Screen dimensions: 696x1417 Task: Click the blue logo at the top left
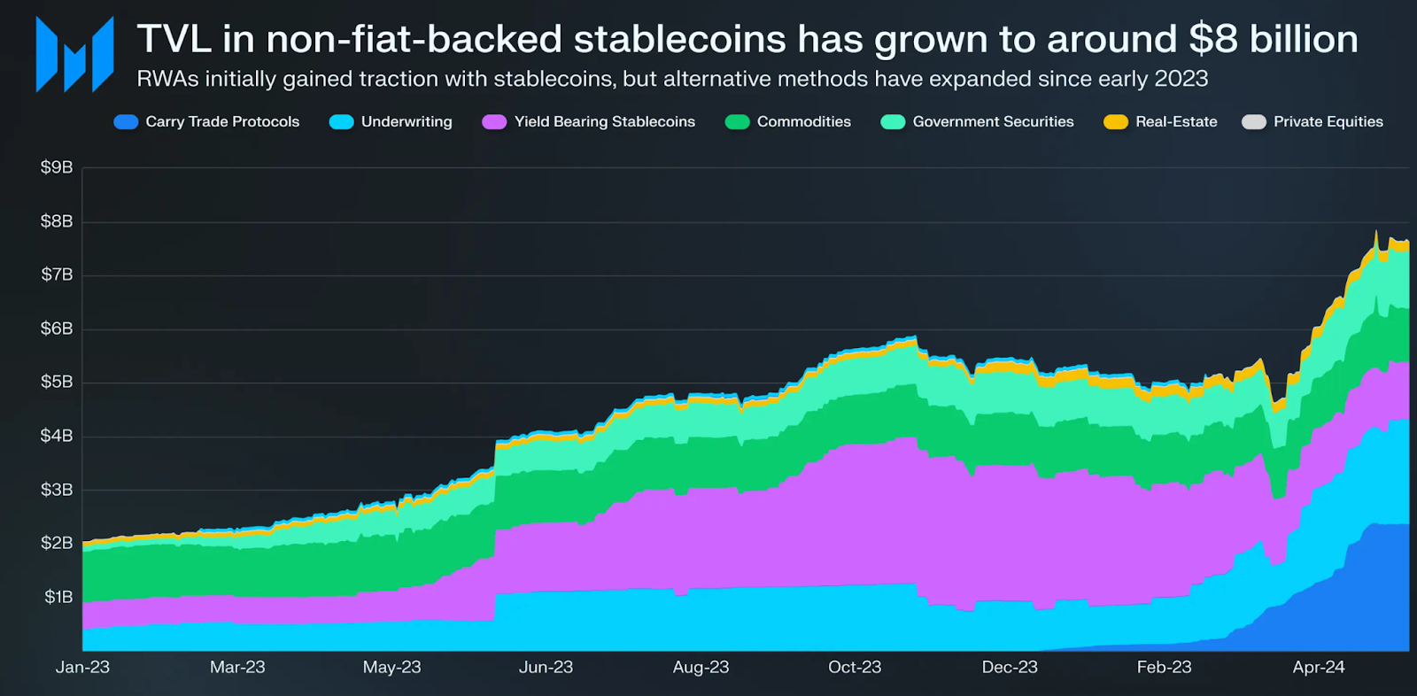click(x=74, y=55)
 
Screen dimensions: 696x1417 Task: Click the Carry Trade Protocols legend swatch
click(x=126, y=122)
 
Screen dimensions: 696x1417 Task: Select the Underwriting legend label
click(x=407, y=122)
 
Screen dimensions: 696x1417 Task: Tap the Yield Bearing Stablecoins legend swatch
click(x=494, y=122)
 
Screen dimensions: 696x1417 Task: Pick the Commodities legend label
click(x=803, y=122)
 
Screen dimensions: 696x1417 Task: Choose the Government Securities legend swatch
click(x=893, y=122)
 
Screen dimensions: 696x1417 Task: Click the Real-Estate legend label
click(x=1176, y=122)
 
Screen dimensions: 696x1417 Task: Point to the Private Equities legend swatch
click(x=1254, y=122)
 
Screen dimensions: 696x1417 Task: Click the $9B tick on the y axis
click(x=57, y=167)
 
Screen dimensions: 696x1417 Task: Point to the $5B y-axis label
click(x=57, y=382)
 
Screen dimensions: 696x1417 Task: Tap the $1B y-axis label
click(x=58, y=597)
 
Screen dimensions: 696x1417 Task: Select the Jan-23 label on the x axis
click(x=82, y=668)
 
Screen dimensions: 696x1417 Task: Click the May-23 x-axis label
click(x=391, y=668)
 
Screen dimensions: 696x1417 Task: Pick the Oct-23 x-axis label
click(x=855, y=668)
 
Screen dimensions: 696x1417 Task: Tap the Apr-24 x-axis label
click(x=1319, y=668)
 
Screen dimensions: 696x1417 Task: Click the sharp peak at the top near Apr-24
click(x=1376, y=232)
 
